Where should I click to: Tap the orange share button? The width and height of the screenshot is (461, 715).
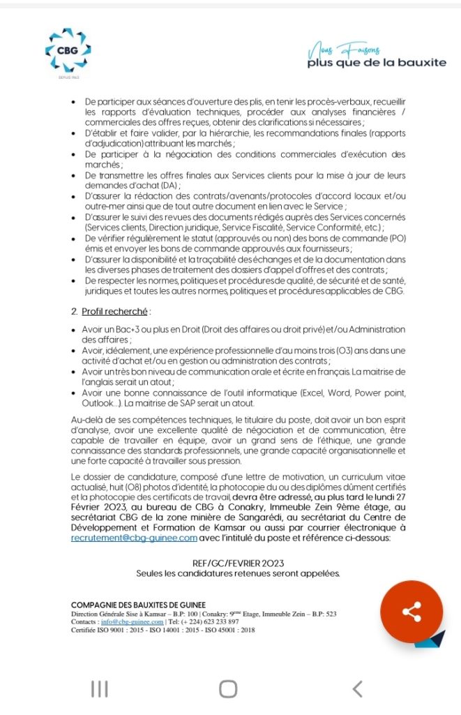(411, 612)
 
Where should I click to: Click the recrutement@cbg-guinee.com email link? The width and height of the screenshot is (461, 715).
(133, 538)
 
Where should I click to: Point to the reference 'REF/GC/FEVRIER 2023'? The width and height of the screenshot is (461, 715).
(238, 563)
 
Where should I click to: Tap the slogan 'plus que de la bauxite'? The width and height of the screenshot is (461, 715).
(377, 63)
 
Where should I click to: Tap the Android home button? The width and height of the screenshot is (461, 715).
(228, 689)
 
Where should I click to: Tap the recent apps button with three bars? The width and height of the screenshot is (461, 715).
(100, 689)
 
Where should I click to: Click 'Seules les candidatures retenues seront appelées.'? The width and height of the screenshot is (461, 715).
(238, 573)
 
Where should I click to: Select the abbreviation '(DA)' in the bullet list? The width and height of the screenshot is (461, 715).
(169, 185)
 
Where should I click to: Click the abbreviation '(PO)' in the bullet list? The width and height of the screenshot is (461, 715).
(395, 238)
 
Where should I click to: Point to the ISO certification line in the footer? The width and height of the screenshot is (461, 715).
(163, 630)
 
